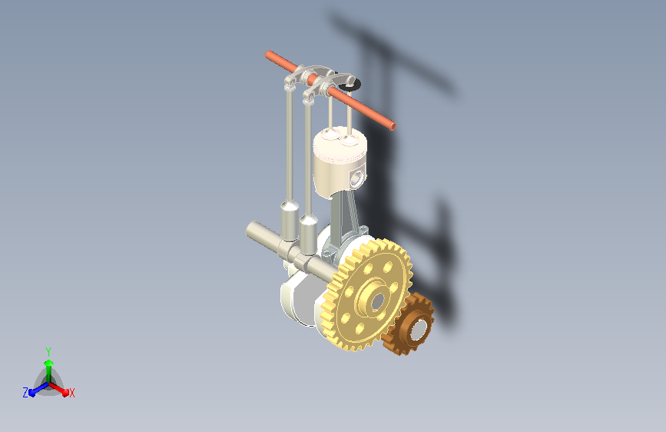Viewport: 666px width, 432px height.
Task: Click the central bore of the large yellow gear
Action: (377, 301)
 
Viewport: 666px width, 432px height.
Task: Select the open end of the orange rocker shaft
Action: (393, 126)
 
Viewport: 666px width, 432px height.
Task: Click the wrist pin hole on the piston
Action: (356, 178)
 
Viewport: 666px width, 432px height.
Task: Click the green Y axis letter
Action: (48, 351)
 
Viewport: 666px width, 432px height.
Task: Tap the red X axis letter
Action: (71, 393)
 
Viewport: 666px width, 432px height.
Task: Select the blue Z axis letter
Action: (25, 393)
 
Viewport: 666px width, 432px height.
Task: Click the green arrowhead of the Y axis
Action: (49, 363)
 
